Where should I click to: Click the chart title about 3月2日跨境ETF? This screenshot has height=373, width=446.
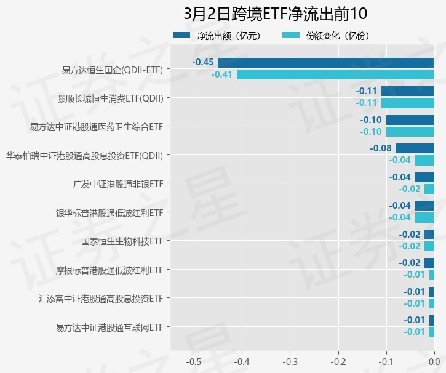(275, 14)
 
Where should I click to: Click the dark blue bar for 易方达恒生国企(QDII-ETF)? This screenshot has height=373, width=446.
(326, 62)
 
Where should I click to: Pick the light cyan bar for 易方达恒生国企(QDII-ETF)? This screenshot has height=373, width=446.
(335, 74)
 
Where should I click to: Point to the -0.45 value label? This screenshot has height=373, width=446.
(203, 62)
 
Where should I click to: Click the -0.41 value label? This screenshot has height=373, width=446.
(221, 74)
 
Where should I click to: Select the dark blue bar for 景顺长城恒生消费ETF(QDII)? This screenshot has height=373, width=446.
(408, 91)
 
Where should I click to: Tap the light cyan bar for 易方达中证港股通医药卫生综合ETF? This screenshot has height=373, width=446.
(410, 132)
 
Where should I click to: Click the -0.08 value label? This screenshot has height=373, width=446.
(381, 148)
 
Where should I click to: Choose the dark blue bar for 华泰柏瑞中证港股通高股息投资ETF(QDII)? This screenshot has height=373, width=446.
(415, 148)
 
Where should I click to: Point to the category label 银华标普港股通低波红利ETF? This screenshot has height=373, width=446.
(110, 213)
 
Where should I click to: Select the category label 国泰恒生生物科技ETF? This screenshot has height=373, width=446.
(122, 241)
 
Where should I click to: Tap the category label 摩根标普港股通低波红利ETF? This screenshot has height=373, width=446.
(110, 270)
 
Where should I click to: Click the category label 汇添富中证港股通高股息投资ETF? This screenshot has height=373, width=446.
(102, 299)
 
